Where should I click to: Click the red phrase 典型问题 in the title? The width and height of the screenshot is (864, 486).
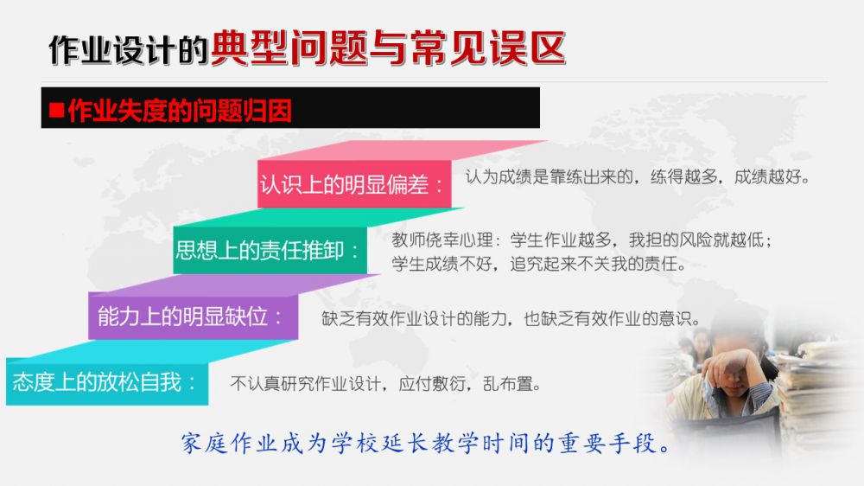point(289,48)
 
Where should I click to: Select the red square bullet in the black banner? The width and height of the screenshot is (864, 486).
point(56,111)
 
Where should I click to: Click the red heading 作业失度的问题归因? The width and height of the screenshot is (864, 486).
point(180,111)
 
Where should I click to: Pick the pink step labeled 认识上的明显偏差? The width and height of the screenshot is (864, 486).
point(354,184)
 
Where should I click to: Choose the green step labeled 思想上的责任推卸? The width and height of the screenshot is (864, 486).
point(270,251)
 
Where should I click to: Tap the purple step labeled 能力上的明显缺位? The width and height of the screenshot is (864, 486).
point(193,317)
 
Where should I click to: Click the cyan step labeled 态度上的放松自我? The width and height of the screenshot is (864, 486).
point(107,381)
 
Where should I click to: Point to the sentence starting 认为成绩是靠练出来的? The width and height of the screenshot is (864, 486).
point(638,177)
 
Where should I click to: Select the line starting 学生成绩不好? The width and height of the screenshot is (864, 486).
point(539,264)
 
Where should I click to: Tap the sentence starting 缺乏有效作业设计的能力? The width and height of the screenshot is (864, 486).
point(511,318)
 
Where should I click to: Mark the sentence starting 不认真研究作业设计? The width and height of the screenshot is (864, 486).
point(385,383)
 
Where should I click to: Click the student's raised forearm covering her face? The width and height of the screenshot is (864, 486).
point(731,365)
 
